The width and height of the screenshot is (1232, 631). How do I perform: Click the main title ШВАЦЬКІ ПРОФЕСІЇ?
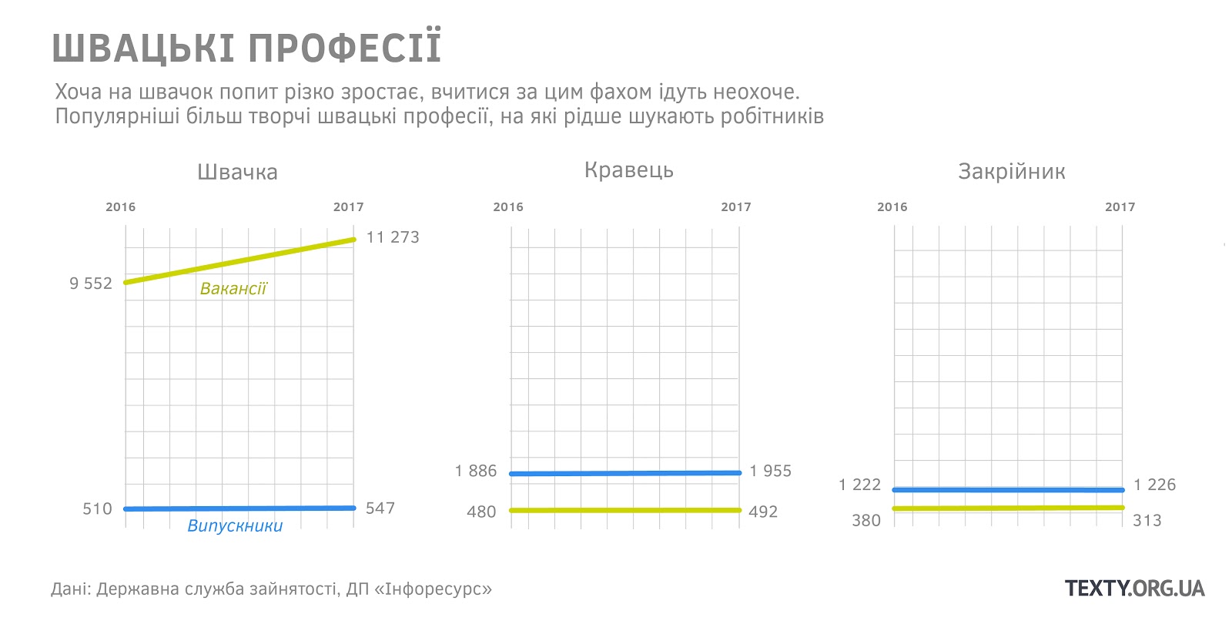pyautogui.click(x=246, y=48)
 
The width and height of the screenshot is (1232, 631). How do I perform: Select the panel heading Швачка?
pyautogui.click(x=237, y=172)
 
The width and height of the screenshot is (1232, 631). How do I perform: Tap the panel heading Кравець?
pyautogui.click(x=628, y=170)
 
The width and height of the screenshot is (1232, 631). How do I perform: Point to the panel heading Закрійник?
pyautogui.click(x=1011, y=171)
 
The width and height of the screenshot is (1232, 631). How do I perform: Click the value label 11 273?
pyautogui.click(x=393, y=237)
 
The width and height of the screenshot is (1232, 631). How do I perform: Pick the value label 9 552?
pyautogui.click(x=91, y=284)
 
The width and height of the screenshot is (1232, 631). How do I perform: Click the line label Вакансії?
pyautogui.click(x=233, y=289)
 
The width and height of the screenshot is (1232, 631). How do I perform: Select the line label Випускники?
pyautogui.click(x=235, y=526)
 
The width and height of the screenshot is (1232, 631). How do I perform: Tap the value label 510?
pyautogui.click(x=97, y=508)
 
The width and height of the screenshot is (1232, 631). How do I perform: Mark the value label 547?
pyautogui.click(x=380, y=508)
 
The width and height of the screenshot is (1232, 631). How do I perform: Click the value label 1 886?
pyautogui.click(x=476, y=471)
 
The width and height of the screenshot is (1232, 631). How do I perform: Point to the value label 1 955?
pyautogui.click(x=770, y=471)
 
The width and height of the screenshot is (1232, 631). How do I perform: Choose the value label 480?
pyautogui.click(x=481, y=512)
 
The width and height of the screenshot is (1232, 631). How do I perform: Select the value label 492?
pyautogui.click(x=763, y=512)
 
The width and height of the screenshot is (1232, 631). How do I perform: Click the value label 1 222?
pyautogui.click(x=859, y=485)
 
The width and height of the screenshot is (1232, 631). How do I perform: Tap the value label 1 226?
pyautogui.click(x=1154, y=485)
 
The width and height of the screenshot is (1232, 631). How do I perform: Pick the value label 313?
pyautogui.click(x=1147, y=521)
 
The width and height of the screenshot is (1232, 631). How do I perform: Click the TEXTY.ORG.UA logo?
pyautogui.click(x=1134, y=589)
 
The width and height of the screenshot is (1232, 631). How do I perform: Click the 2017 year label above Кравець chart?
pyautogui.click(x=735, y=206)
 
